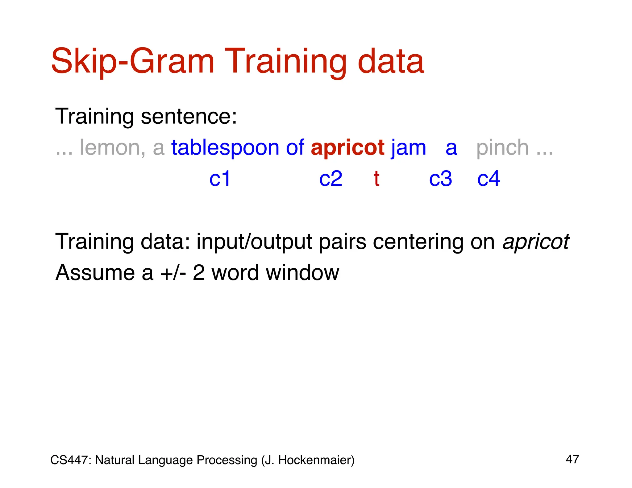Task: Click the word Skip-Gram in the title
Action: (133, 62)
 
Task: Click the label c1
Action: (220, 179)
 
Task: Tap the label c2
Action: (331, 179)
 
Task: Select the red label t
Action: (376, 179)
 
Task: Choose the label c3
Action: (440, 179)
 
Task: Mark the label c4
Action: (489, 179)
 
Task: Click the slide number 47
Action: (572, 459)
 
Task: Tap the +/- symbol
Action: (173, 273)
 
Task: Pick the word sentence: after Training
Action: (189, 116)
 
